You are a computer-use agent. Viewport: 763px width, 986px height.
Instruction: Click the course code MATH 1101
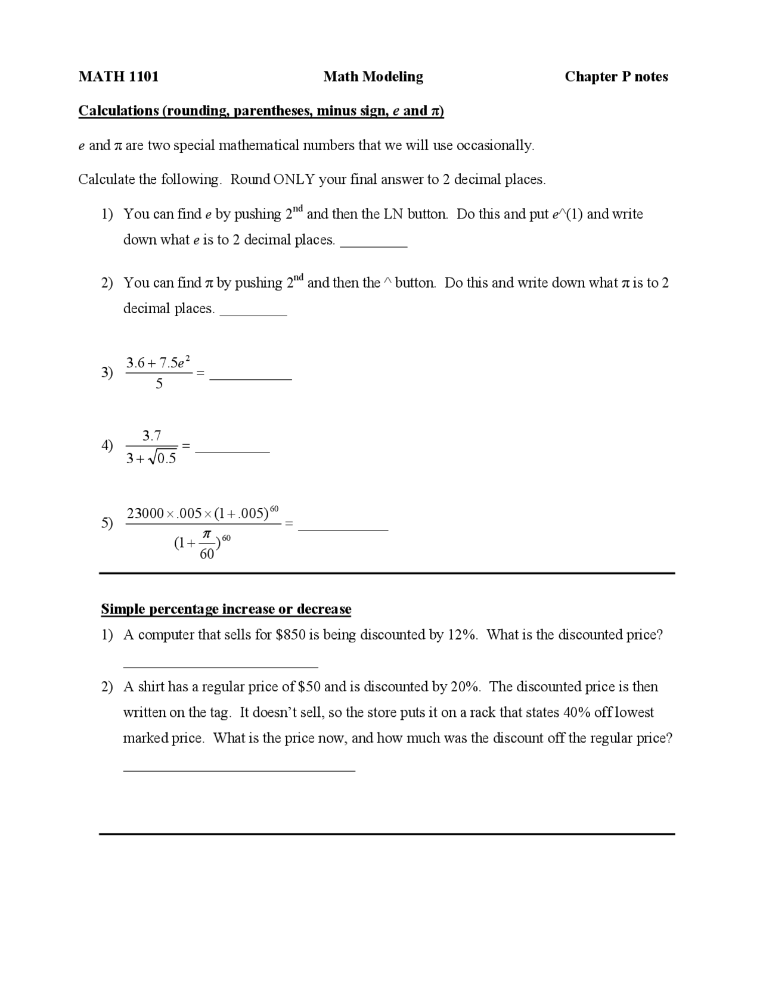coord(118,76)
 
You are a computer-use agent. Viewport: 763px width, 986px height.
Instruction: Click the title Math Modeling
coord(373,76)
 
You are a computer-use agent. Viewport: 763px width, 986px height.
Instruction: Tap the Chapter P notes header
coord(616,76)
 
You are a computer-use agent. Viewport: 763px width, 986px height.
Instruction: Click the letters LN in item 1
coord(393,214)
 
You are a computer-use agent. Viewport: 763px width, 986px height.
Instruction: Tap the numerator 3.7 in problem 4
coord(151,436)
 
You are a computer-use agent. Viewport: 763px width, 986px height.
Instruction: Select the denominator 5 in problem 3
coord(159,384)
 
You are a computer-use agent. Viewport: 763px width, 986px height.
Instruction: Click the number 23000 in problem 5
coord(145,513)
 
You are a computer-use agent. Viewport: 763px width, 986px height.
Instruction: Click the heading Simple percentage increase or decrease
coord(226,609)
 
